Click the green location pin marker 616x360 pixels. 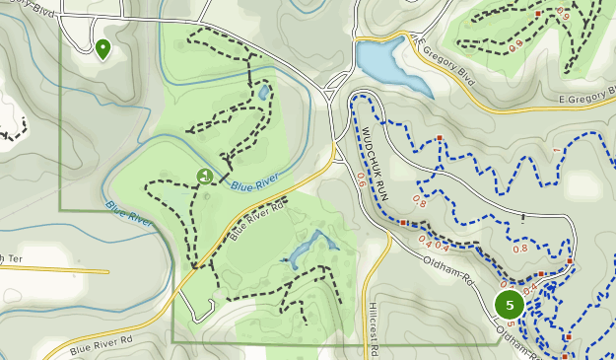pos(103,47)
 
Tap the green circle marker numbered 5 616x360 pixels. pos(509,306)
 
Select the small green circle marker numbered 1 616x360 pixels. pos(205,177)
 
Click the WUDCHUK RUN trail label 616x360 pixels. pos(376,164)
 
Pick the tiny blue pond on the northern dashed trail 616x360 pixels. pos(264,92)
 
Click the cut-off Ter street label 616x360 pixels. pos(10,259)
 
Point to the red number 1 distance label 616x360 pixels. pos(556,150)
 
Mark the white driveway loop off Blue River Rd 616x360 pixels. pos(202,314)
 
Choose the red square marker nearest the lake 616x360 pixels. pos(440,138)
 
